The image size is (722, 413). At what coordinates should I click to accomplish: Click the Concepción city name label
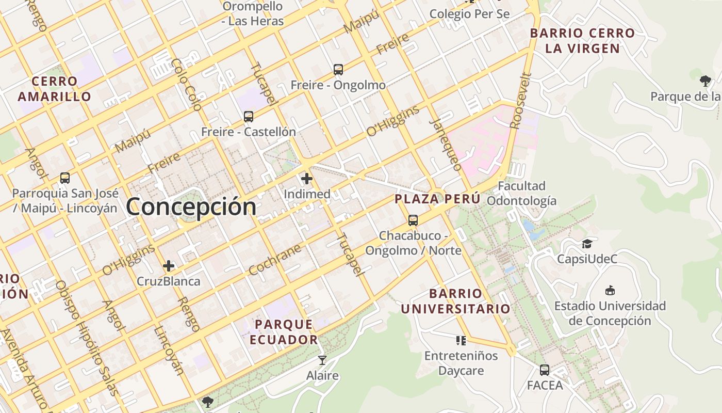tap(191, 207)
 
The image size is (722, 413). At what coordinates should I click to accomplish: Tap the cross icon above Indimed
tap(307, 179)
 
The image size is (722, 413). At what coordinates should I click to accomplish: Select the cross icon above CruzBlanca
tap(169, 266)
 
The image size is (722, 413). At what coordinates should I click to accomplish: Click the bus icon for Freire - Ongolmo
tap(338, 70)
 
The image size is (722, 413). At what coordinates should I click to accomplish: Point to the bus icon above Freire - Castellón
tap(249, 117)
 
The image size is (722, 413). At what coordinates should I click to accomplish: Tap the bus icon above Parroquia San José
tap(65, 178)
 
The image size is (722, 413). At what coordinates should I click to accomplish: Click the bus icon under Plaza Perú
tap(413, 220)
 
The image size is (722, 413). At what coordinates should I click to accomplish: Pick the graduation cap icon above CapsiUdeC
tap(587, 244)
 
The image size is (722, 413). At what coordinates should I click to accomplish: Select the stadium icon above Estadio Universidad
tap(610, 290)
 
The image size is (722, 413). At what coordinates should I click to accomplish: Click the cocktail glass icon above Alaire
tap(322, 360)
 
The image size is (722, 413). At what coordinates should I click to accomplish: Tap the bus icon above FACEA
tap(545, 370)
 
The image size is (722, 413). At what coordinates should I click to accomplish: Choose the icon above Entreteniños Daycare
tap(461, 340)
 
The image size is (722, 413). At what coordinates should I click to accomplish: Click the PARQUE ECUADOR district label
tap(284, 332)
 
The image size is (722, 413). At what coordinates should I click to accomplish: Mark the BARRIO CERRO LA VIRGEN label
tap(583, 41)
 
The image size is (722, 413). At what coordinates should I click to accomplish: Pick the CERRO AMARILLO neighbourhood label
tap(54, 89)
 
